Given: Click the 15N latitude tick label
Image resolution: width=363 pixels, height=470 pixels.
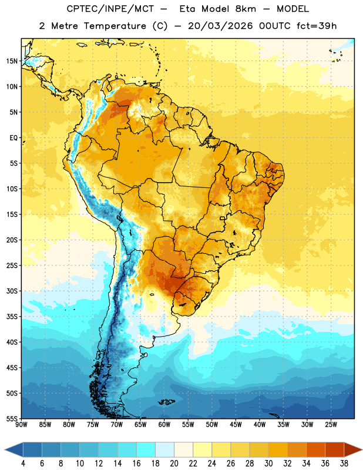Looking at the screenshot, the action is (12, 61).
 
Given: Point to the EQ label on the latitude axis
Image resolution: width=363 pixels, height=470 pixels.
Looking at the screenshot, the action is (14, 138).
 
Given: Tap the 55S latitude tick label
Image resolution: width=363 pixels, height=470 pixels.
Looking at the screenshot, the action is (12, 419).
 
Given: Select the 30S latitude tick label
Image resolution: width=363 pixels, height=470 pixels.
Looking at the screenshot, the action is (12, 291).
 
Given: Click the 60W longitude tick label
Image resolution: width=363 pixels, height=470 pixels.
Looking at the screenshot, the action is (164, 424).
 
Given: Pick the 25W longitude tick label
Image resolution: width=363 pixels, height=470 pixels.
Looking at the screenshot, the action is (331, 424).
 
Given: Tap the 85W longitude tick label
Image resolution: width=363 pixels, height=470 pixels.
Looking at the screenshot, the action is (45, 424).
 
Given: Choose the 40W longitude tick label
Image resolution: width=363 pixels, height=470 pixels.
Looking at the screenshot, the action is (260, 424).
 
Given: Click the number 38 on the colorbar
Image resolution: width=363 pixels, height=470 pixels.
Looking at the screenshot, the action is (344, 464).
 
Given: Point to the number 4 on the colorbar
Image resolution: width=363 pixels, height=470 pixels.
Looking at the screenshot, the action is (23, 464).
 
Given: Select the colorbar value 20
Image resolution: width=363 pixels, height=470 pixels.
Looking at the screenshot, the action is (174, 464).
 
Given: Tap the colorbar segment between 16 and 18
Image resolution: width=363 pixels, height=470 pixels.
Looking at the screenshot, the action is (146, 449).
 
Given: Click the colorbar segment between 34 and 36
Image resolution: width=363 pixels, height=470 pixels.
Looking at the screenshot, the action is (315, 449).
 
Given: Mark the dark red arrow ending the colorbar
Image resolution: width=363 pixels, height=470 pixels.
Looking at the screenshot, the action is (352, 449).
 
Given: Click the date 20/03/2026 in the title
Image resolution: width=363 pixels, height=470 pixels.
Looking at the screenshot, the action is (220, 26).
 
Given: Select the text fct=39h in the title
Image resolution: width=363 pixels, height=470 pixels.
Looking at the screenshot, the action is (317, 26).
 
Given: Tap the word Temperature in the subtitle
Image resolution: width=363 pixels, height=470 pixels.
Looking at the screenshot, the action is (115, 26).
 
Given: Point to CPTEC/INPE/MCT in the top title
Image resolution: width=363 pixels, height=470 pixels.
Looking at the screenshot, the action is (110, 9).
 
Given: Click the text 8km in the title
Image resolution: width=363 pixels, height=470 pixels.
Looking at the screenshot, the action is (246, 9).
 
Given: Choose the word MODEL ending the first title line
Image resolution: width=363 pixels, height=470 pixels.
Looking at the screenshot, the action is (293, 9).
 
